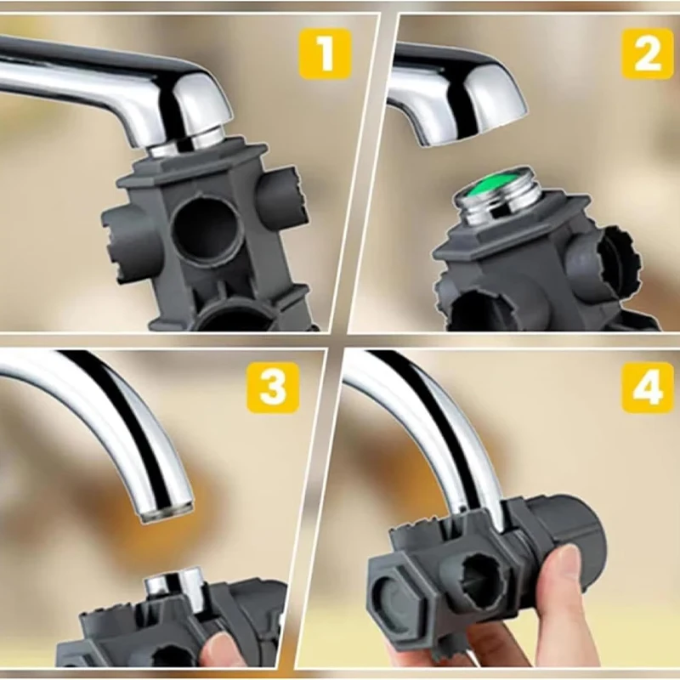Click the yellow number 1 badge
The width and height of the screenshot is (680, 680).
[325, 54]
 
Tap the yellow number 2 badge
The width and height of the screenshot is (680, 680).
[647, 54]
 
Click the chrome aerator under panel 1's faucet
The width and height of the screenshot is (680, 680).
[183, 140]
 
